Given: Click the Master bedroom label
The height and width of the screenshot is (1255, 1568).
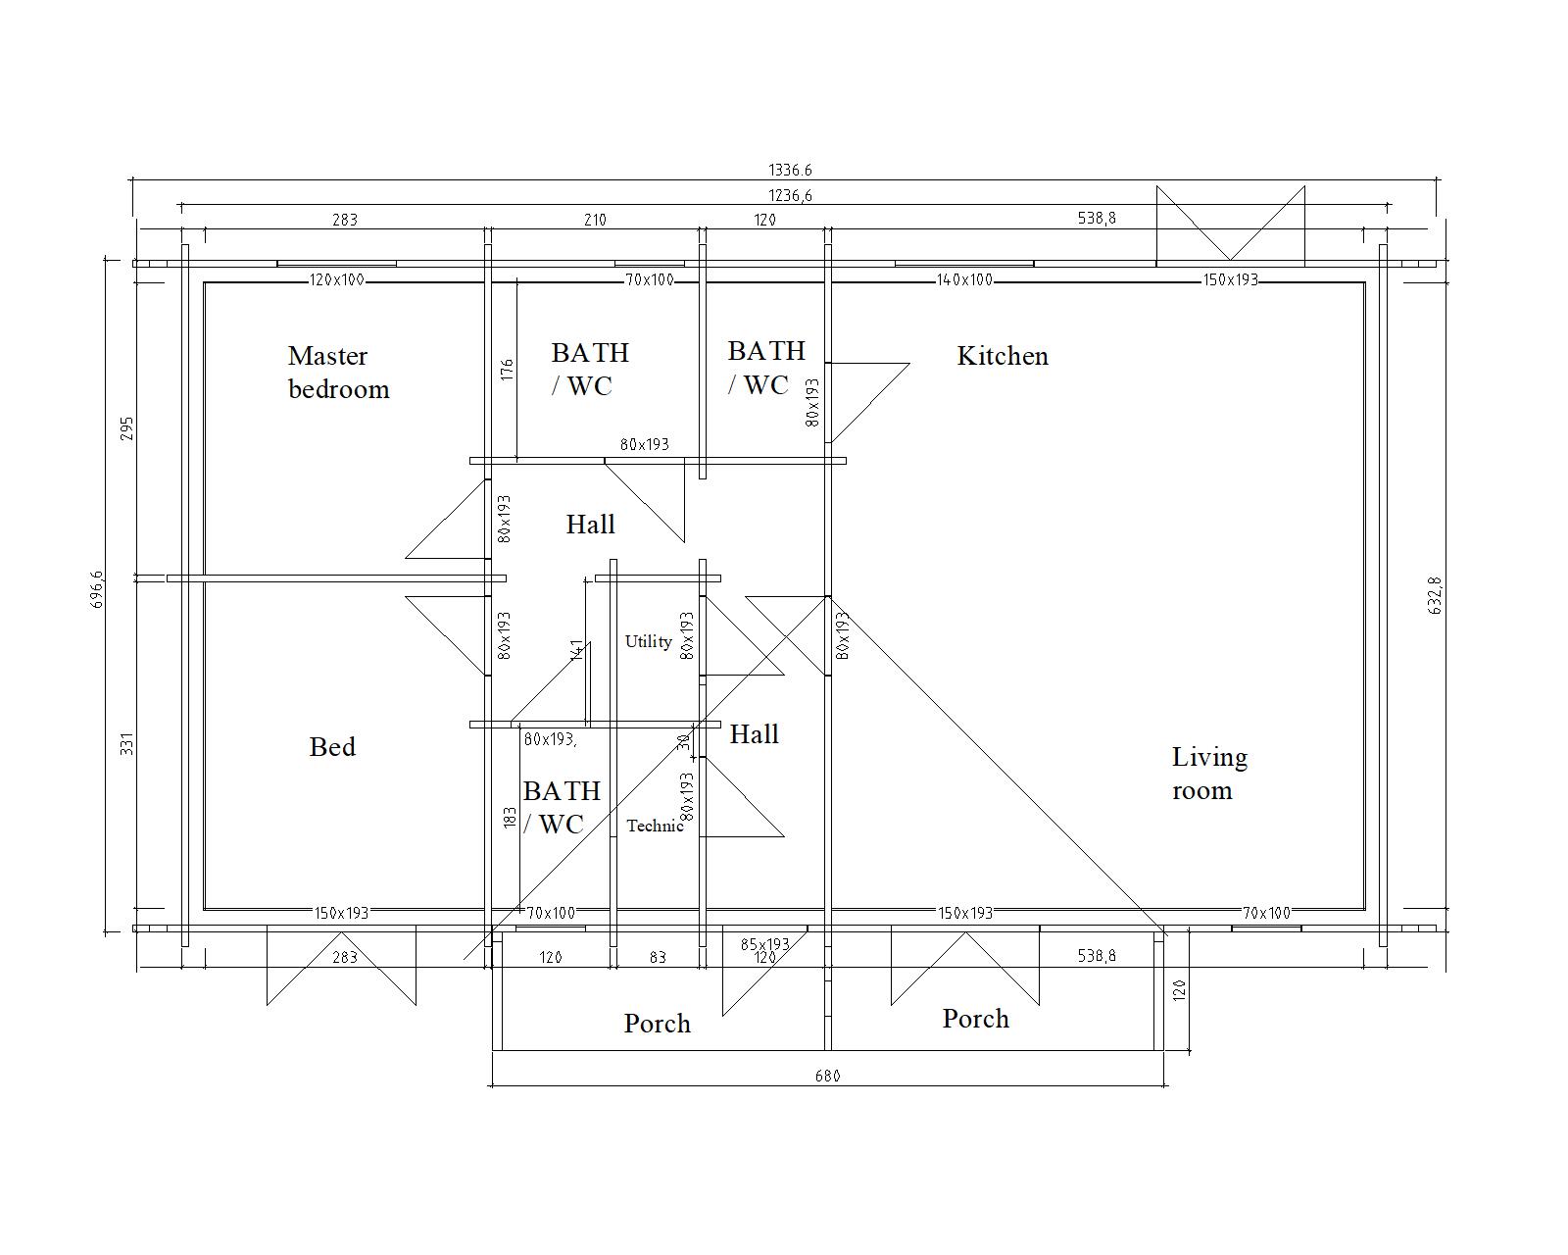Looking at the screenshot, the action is (x=339, y=373).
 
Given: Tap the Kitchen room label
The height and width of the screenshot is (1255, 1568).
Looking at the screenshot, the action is (x=1003, y=356).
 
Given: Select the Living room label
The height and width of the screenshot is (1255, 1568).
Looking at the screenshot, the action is (x=1209, y=774).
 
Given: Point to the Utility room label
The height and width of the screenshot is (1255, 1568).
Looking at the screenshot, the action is (x=649, y=642).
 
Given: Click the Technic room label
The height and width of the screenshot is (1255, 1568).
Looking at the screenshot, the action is (x=655, y=826).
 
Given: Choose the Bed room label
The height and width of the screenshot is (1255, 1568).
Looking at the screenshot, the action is (x=332, y=747).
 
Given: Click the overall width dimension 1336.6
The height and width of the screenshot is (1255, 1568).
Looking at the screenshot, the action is (x=790, y=170).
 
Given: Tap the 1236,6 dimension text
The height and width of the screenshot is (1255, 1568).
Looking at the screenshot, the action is (x=790, y=195).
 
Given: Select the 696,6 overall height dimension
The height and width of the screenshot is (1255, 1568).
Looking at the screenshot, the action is (x=98, y=589).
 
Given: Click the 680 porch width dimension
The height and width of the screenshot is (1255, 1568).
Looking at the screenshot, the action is (x=828, y=1076).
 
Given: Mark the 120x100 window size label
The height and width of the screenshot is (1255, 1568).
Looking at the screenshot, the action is (x=336, y=280).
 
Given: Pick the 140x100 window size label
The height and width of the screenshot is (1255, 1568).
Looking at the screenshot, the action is (x=964, y=280).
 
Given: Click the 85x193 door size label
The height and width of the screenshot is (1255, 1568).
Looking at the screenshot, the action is (x=765, y=944).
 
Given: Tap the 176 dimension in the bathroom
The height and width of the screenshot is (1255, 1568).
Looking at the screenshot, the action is (x=507, y=370).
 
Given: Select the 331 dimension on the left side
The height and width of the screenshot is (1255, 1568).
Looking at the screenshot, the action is (x=126, y=744).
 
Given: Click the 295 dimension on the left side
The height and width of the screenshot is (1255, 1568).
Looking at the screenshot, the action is (x=126, y=428).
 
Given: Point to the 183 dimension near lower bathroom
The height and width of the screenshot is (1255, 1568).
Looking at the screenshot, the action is (x=510, y=818).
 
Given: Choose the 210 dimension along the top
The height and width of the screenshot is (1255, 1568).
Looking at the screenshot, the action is (x=595, y=220).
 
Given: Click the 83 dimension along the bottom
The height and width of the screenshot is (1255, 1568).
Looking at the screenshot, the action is (x=658, y=957).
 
